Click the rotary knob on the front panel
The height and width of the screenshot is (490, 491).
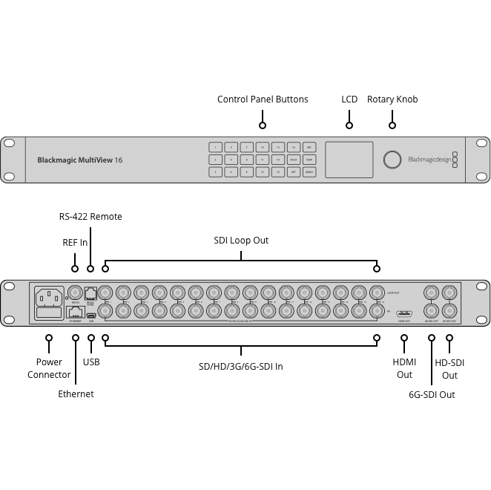point(392,159)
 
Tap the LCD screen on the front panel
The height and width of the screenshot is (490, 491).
point(348,159)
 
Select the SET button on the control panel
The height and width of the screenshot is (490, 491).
point(294,171)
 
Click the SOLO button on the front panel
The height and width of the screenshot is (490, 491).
point(294,159)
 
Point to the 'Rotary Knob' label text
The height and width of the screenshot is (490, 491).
point(392,99)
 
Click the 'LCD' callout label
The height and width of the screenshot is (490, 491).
point(349,99)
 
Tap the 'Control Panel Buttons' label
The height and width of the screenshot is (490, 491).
point(263,99)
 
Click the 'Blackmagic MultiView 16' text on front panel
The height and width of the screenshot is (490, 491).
point(80,160)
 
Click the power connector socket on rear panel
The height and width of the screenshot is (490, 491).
point(49,297)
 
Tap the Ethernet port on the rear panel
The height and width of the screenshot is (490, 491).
point(75,312)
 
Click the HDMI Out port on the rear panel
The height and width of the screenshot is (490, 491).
point(404,313)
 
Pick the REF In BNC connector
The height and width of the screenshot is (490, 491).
point(75,293)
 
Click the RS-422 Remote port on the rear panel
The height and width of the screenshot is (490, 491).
point(90,293)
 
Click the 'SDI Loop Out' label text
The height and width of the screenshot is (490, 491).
point(241,241)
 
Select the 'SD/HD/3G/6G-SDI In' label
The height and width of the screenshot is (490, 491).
point(241,366)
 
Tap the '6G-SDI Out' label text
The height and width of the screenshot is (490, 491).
point(432,395)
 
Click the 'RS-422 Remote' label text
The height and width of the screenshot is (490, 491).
point(90,217)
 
